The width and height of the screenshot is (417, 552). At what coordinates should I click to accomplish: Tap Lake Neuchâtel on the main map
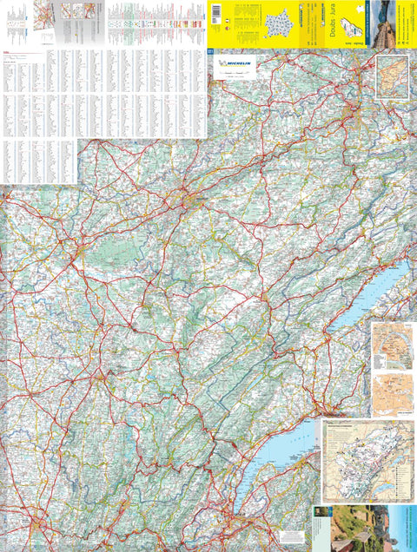tap(368, 296)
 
